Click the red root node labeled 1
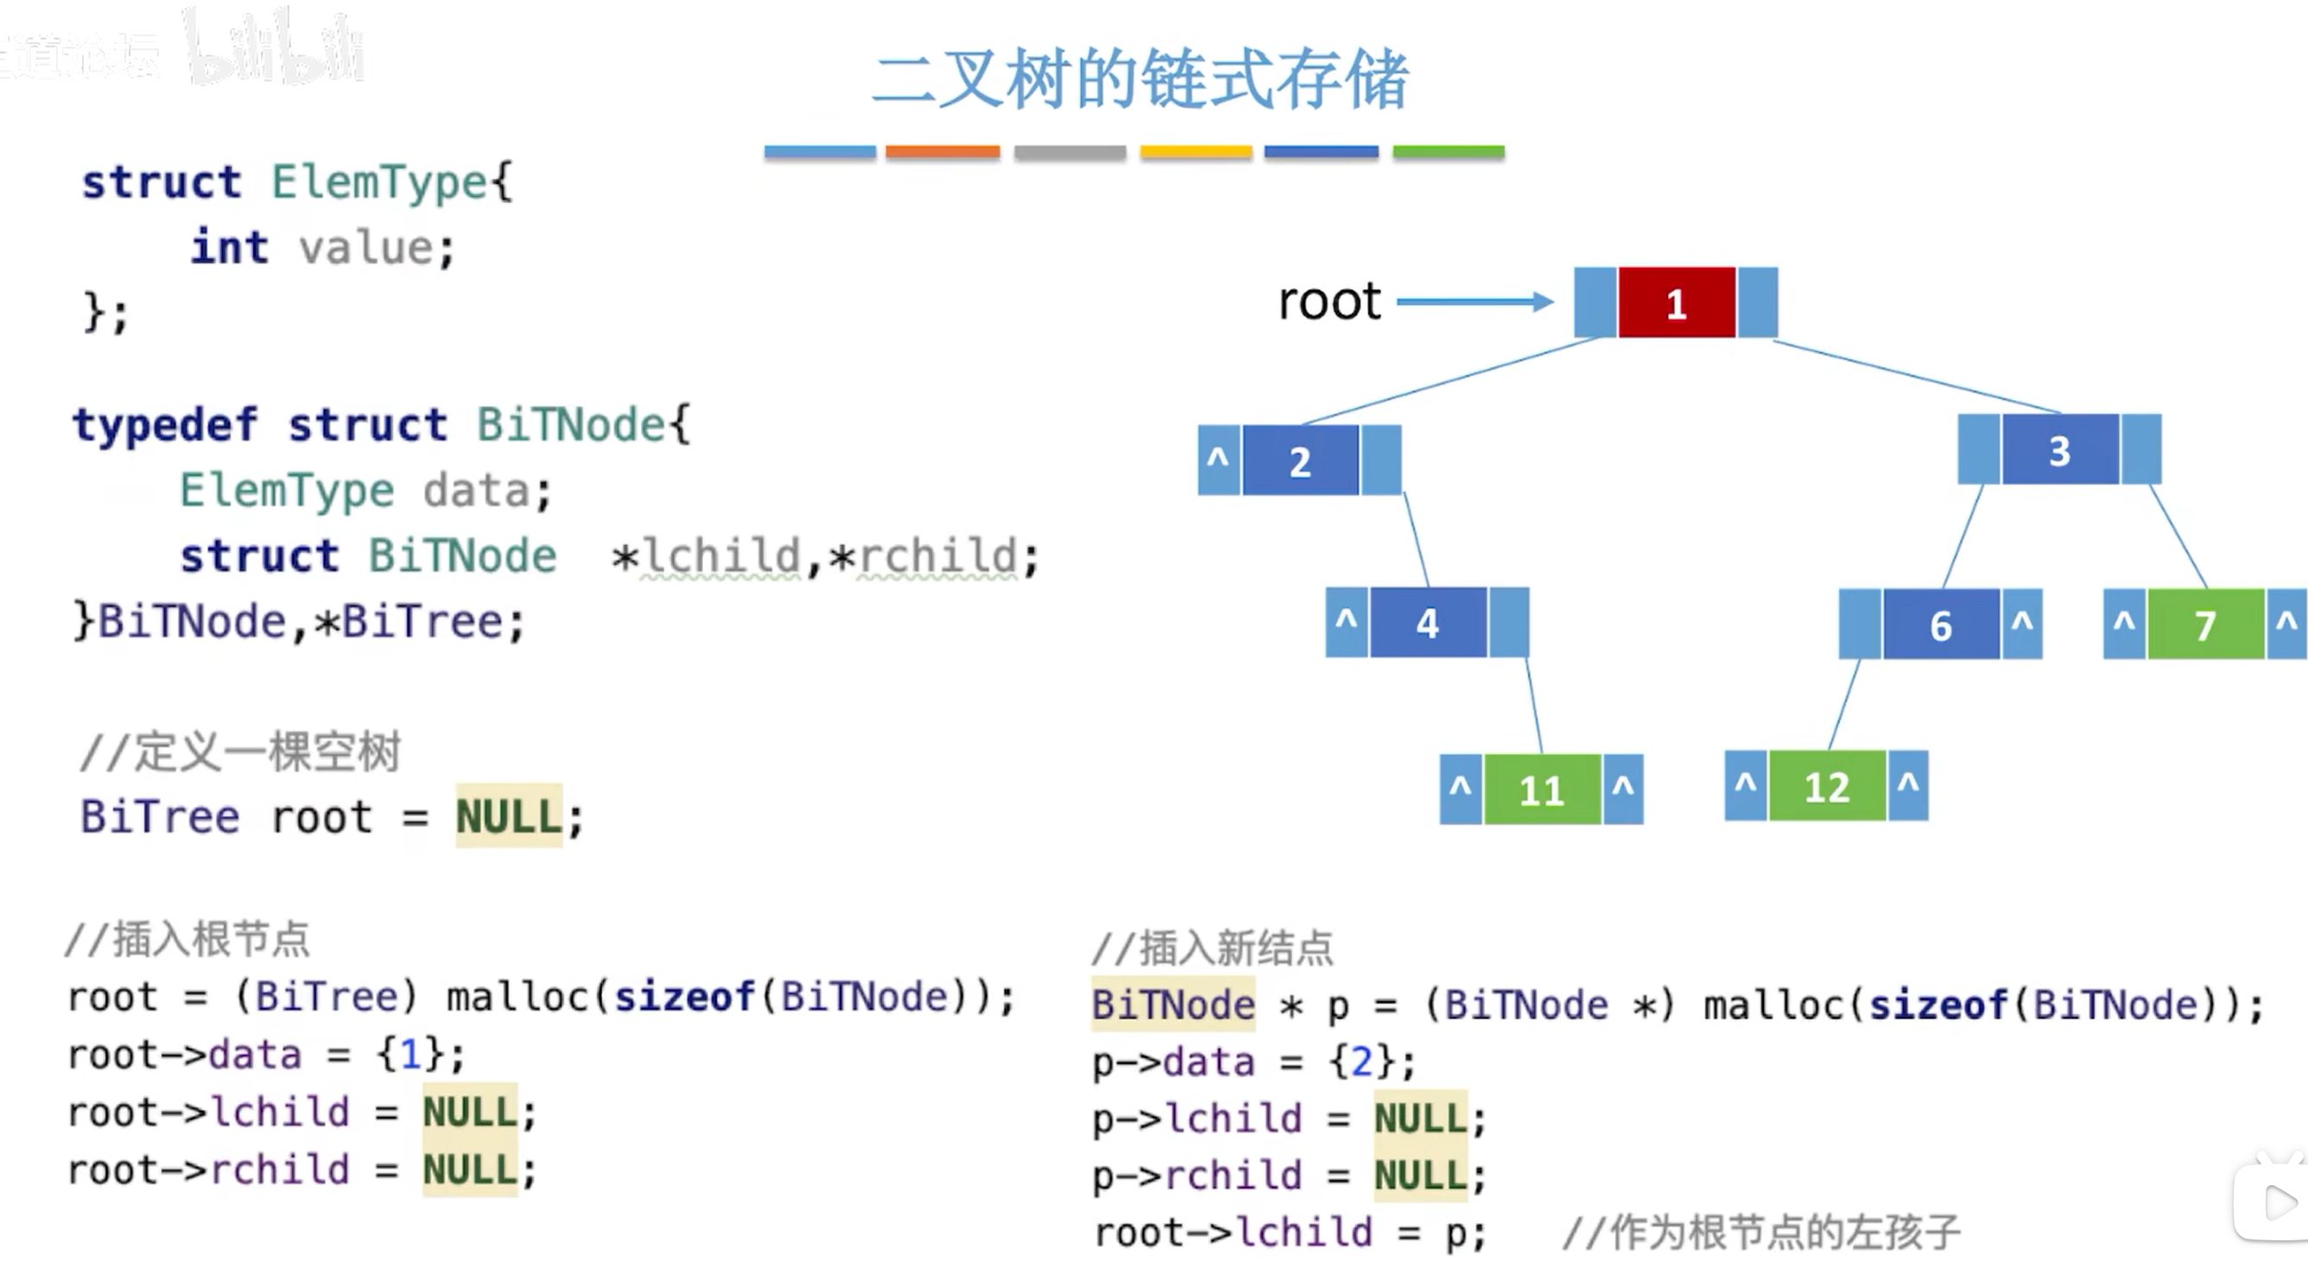pos(1677,303)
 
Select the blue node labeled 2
pos(1300,460)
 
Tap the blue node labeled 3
pos(2060,449)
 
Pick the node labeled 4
pos(1428,623)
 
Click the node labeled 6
pos(1941,624)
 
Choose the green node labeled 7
pos(2205,624)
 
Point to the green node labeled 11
pos(1541,789)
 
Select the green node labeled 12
pos(1827,786)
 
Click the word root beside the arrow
pos(1329,301)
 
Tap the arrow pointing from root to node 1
pos(1474,302)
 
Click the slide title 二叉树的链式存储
pos(1140,79)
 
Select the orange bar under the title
pos(942,152)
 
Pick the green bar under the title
pos(1449,152)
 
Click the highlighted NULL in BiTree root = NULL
pos(509,816)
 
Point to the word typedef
pos(166,424)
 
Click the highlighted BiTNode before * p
pos(1174,1005)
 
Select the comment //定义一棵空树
pos(240,751)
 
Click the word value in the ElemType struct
pos(365,247)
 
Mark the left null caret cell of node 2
pos(1219,460)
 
